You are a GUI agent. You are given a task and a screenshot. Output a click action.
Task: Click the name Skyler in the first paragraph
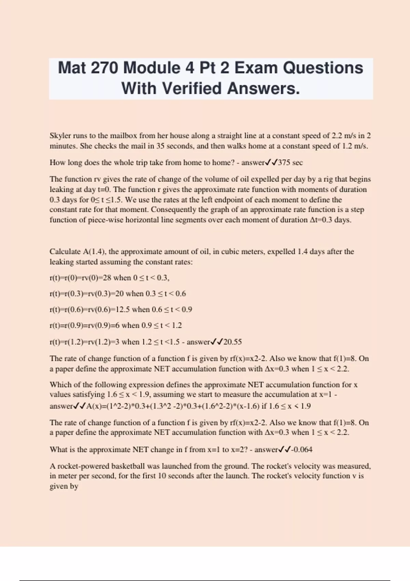(x=60, y=136)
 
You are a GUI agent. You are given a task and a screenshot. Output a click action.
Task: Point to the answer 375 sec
(x=290, y=163)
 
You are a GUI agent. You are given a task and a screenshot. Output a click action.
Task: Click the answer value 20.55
(x=232, y=342)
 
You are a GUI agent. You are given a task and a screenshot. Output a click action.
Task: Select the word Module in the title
(x=152, y=68)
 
